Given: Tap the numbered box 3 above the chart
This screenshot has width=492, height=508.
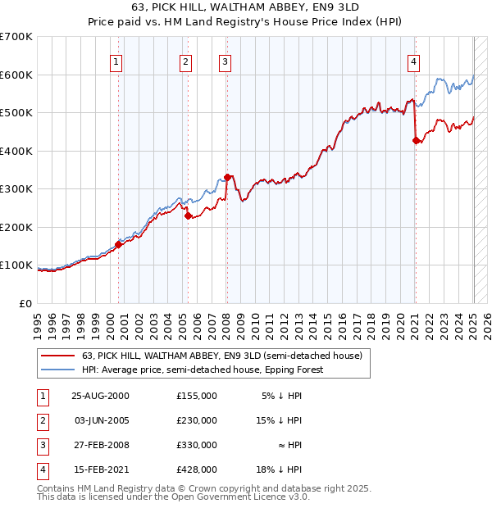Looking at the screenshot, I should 224,61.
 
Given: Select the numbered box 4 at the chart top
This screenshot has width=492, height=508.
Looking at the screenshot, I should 414,61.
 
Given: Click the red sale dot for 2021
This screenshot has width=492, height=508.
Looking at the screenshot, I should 415,140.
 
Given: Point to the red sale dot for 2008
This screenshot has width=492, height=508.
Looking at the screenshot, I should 227,177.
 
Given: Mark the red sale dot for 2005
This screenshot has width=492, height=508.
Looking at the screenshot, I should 188,215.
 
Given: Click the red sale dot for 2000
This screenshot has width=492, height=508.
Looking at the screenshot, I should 119,243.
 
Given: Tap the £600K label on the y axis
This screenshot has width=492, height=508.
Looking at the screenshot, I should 16,75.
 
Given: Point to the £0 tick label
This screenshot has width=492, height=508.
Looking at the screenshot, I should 25,303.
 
